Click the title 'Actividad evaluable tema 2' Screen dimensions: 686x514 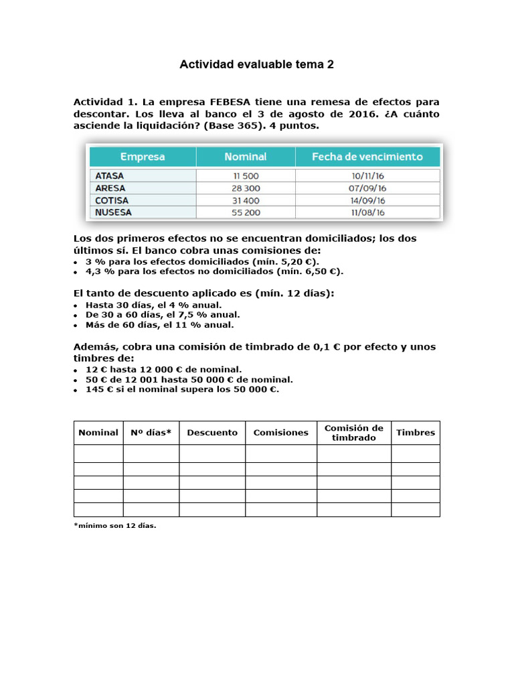(256, 64)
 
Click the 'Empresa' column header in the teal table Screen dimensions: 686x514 (143, 157)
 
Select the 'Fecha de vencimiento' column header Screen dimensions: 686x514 (367, 157)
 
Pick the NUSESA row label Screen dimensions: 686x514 (114, 212)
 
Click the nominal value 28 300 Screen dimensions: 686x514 (245, 188)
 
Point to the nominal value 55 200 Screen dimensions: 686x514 (245, 212)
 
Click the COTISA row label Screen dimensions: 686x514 (112, 200)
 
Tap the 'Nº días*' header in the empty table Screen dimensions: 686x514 (151, 433)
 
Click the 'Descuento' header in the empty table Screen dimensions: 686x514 (212, 433)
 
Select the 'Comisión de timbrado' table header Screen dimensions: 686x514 (353, 433)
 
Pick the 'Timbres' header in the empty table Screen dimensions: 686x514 (416, 433)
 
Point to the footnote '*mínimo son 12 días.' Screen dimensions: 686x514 (114, 526)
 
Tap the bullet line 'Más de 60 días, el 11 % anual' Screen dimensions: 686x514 (159, 325)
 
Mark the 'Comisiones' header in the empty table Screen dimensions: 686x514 (281, 433)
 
